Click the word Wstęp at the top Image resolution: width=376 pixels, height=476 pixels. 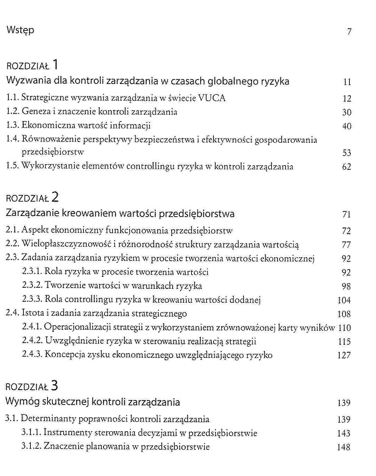20,30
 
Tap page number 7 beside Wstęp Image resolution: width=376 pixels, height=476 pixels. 349,31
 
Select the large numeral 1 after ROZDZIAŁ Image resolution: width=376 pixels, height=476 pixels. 56,65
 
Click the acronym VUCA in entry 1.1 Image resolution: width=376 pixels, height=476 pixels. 212,98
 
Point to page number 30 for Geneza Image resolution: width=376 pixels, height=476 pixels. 347,112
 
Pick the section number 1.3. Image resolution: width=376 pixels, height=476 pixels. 13,125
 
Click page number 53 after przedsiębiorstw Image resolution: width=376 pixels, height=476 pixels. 347,153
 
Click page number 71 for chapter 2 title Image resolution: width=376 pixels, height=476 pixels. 346,215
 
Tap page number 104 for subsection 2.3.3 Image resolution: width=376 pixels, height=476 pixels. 344,300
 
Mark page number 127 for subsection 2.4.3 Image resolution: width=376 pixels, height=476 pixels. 344,356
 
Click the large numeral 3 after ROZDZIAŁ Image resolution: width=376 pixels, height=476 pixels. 55,386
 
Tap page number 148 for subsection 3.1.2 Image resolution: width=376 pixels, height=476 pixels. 344,447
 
